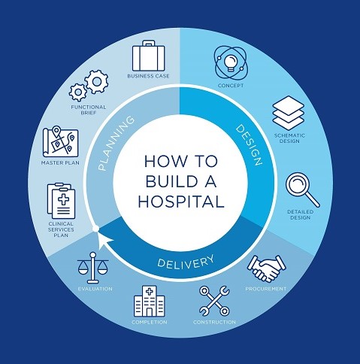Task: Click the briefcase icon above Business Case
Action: pos(149,56)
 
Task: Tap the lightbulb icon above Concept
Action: pos(231,62)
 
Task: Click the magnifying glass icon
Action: pos(303,190)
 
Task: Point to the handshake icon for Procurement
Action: pos(267,268)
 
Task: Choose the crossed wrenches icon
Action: pos(214,301)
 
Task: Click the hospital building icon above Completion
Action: pos(150,301)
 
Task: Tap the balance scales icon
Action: pos(93,268)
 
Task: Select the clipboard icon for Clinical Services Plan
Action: pos(62,201)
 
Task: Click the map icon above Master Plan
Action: pos(60,141)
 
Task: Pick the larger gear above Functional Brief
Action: pos(97,82)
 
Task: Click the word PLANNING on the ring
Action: pos(116,143)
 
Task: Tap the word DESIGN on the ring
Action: pos(249,145)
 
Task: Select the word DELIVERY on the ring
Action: pos(186,261)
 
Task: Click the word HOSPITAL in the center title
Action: pos(181,202)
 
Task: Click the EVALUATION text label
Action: pos(95,289)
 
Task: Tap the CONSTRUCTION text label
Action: pos(214,322)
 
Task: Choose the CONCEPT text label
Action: pos(231,86)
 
